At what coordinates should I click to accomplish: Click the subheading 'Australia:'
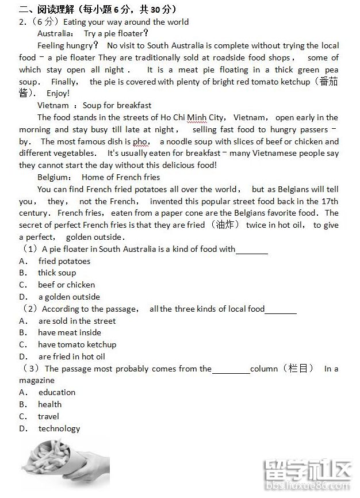click(56, 33)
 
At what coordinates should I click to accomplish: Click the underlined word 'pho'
click(141, 141)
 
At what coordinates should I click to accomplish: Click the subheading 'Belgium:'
click(55, 177)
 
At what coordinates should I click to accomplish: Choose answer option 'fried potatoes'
click(64, 261)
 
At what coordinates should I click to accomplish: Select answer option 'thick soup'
click(57, 273)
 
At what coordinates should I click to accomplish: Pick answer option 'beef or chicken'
click(66, 285)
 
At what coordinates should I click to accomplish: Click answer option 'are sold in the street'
click(77, 321)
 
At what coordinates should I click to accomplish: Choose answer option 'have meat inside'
click(70, 332)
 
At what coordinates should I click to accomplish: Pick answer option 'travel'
click(48, 416)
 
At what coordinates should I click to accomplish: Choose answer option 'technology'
click(59, 428)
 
